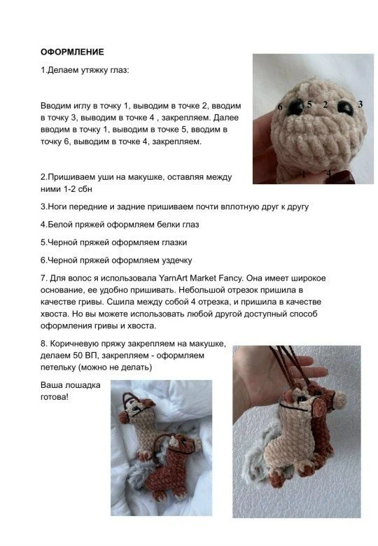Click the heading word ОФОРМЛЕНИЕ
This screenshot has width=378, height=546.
pos(72,52)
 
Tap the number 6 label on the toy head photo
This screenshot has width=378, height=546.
pos(280,106)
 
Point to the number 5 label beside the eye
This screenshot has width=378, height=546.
pos(309,104)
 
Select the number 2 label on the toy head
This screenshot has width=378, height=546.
pos(325,104)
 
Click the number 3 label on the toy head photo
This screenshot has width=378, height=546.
pos(360,104)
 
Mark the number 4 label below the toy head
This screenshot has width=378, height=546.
pos(329,173)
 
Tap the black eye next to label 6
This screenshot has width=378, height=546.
pos(295,107)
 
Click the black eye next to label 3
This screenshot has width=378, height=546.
pos(345,108)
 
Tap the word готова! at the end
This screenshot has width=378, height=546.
pos(55,397)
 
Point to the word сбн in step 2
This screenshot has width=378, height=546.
pos(85,189)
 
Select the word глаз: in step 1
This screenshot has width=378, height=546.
pos(120,70)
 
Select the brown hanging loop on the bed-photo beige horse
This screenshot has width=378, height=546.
pos(128,399)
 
